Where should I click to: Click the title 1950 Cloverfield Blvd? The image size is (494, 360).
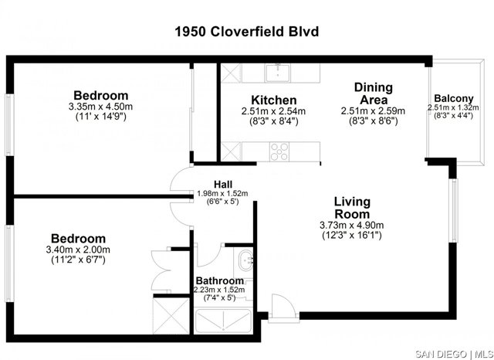click(x=247, y=32)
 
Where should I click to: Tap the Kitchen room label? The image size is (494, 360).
click(x=274, y=100)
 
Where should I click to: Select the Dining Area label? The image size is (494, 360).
click(x=374, y=93)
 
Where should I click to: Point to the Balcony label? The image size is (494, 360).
click(x=454, y=98)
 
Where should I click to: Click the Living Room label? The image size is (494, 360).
click(x=352, y=208)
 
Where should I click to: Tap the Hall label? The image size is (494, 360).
click(x=223, y=185)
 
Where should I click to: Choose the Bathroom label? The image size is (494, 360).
click(x=219, y=280)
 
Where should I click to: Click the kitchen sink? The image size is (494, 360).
click(x=278, y=73)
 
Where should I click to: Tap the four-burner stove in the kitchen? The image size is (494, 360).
click(x=279, y=151)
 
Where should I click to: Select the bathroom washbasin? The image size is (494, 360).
click(x=245, y=260)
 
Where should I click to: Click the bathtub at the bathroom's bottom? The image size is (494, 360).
click(x=223, y=321)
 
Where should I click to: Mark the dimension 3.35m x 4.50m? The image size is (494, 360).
click(x=100, y=107)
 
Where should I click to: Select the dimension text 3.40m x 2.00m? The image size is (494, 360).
click(x=78, y=250)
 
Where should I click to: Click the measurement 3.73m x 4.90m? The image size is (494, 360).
click(x=352, y=225)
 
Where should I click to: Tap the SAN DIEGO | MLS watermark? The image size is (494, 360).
click(x=454, y=354)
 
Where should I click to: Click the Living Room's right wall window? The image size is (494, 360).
click(x=454, y=211)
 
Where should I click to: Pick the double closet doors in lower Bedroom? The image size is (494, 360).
click(x=161, y=270)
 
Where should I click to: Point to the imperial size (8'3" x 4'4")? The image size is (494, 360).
click(x=453, y=116)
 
